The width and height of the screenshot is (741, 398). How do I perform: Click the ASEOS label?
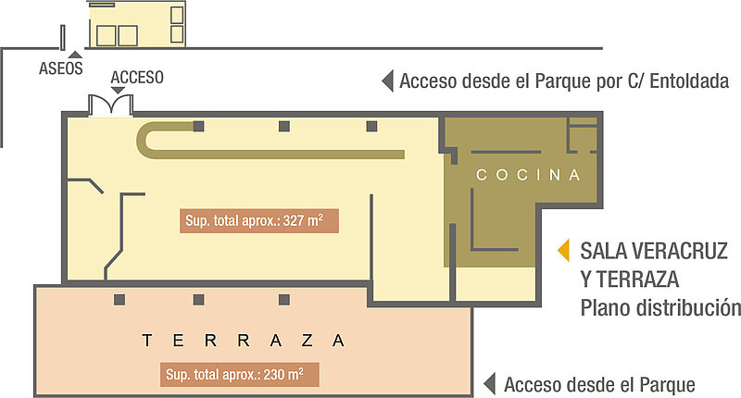tap(60, 68)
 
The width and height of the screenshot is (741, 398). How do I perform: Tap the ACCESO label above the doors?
tap(137, 78)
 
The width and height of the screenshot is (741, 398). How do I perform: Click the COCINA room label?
tap(528, 175)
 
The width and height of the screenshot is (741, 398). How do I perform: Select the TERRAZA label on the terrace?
tap(244, 341)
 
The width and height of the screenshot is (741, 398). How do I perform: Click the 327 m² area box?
tap(259, 221)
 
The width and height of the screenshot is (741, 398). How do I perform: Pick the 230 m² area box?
tap(240, 375)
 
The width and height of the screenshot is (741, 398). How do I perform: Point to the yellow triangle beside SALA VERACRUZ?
tap(563, 251)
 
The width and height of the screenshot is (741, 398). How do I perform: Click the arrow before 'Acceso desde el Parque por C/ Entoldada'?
tap(387, 81)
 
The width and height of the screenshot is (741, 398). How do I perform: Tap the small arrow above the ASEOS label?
tap(75, 55)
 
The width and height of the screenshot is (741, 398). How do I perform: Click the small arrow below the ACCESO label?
tap(118, 90)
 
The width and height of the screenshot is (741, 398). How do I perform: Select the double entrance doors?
tap(111, 105)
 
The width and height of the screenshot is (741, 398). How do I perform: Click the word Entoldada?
tap(689, 81)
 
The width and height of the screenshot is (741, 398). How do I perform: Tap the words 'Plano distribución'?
tap(660, 308)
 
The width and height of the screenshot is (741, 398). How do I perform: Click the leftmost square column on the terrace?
tap(119, 300)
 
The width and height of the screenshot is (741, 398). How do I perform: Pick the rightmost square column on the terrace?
tap(284, 300)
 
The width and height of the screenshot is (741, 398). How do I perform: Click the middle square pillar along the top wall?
tap(284, 126)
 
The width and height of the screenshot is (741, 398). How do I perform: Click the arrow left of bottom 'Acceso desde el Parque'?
tap(490, 384)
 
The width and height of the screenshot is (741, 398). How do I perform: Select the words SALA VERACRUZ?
tap(654, 251)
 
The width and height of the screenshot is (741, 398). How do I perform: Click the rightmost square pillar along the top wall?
tap(372, 126)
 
